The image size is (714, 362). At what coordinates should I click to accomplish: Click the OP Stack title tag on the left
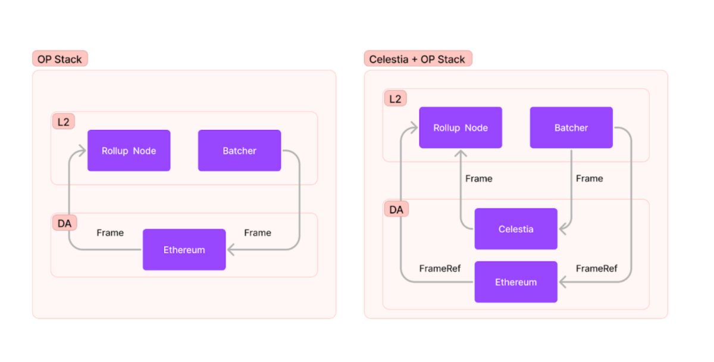[59, 59]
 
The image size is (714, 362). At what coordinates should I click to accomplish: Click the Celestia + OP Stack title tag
[418, 59]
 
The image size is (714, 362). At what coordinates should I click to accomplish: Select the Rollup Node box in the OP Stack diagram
[129, 151]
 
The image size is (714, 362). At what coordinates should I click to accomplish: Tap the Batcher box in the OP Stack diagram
[239, 151]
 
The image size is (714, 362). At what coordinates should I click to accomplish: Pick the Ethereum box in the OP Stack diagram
[184, 249]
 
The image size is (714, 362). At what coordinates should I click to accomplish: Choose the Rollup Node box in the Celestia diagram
[461, 127]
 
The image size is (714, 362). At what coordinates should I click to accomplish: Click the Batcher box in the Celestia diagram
[571, 127]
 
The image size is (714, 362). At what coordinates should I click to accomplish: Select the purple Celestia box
[516, 229]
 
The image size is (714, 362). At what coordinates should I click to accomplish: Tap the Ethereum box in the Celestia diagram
[516, 282]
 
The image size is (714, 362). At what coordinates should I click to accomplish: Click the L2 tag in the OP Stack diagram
[63, 122]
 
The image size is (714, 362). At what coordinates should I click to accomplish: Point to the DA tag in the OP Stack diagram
[64, 224]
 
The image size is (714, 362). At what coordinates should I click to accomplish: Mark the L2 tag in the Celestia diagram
[395, 99]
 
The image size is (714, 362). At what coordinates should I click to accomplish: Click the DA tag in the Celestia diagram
[396, 210]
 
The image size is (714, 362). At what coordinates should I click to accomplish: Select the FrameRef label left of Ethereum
[440, 269]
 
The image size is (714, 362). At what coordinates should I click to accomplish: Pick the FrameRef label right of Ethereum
[596, 269]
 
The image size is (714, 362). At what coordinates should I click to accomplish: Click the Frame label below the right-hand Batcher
[589, 179]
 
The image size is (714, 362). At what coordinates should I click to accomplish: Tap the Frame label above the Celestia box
[478, 179]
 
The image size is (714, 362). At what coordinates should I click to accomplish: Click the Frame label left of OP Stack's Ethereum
[110, 233]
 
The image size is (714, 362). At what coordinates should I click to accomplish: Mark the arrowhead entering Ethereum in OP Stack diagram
[231, 249]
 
